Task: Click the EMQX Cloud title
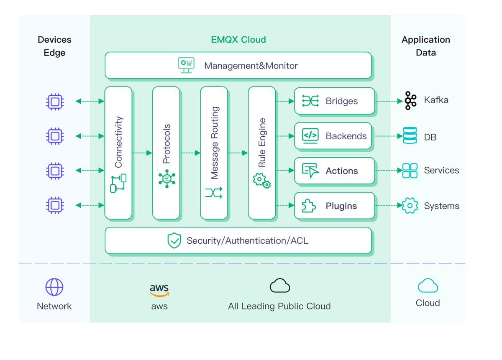point(238,40)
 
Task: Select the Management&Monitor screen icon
point(186,65)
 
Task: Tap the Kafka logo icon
point(410,101)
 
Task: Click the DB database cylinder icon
point(410,135)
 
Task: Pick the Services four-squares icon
point(410,171)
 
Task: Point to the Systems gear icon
point(410,205)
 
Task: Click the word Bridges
point(341,101)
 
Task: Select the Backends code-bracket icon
point(310,136)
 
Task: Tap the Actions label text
point(341,171)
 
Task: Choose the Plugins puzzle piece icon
point(309,205)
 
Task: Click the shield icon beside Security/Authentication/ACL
point(174,240)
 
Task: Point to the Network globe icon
point(54,287)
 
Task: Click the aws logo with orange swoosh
point(159,291)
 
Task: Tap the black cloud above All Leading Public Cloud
point(280,286)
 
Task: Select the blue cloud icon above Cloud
point(428,286)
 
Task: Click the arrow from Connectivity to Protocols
point(142,153)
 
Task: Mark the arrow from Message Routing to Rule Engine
point(238,153)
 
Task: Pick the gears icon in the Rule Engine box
point(261,180)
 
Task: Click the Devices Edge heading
point(54,46)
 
